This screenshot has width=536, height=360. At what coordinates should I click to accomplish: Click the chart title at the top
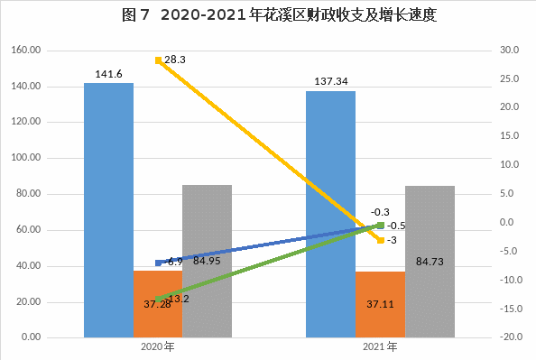[279, 15]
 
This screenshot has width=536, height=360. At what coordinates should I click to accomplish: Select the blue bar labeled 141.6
[108, 210]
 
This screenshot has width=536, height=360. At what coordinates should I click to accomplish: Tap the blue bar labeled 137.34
[330, 215]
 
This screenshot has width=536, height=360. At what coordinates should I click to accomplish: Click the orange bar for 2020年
[158, 304]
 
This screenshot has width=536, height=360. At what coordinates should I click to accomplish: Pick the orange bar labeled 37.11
[380, 305]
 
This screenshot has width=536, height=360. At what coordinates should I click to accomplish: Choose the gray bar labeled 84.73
[430, 262]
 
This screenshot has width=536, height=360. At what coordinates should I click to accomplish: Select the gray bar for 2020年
[208, 262]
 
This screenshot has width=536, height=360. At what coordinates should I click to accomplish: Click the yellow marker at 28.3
[158, 60]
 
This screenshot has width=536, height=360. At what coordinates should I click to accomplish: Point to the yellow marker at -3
[381, 240]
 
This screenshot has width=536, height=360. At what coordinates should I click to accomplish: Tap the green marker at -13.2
[158, 300]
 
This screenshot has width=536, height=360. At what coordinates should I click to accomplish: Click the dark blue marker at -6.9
[158, 263]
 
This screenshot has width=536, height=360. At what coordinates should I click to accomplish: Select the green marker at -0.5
[381, 225]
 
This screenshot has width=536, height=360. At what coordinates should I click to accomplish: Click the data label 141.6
[108, 74]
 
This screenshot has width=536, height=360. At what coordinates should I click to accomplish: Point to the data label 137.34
[331, 81]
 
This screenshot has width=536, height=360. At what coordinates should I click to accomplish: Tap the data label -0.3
[380, 212]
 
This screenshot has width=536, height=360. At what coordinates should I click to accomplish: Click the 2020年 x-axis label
[158, 346]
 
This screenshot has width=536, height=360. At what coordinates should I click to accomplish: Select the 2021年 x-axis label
[380, 346]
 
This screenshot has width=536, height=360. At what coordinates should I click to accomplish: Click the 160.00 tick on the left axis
[26, 50]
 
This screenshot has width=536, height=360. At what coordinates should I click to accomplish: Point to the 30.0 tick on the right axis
[509, 50]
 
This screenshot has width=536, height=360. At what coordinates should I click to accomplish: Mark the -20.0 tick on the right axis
[511, 337]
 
